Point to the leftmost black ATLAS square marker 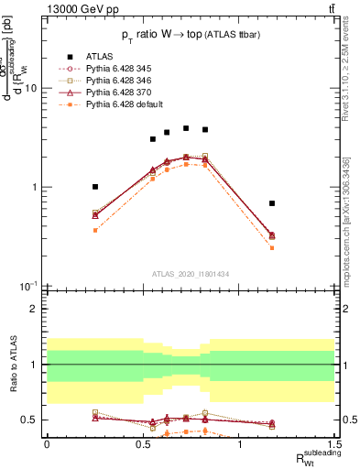click(95, 187)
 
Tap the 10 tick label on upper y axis click(30, 89)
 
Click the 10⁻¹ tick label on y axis click(28, 287)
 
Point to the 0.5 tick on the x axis click(143, 444)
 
